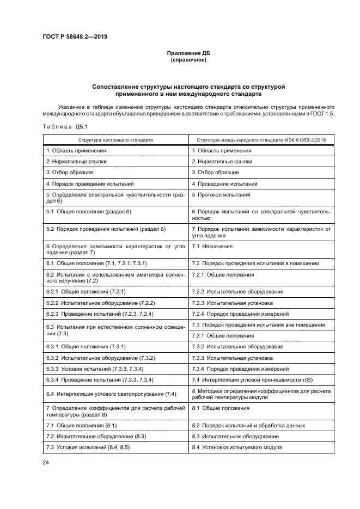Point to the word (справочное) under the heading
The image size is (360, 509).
188,60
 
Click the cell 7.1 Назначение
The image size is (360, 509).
212,247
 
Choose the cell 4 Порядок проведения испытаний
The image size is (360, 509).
90,184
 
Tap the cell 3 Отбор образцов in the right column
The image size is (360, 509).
215,173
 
